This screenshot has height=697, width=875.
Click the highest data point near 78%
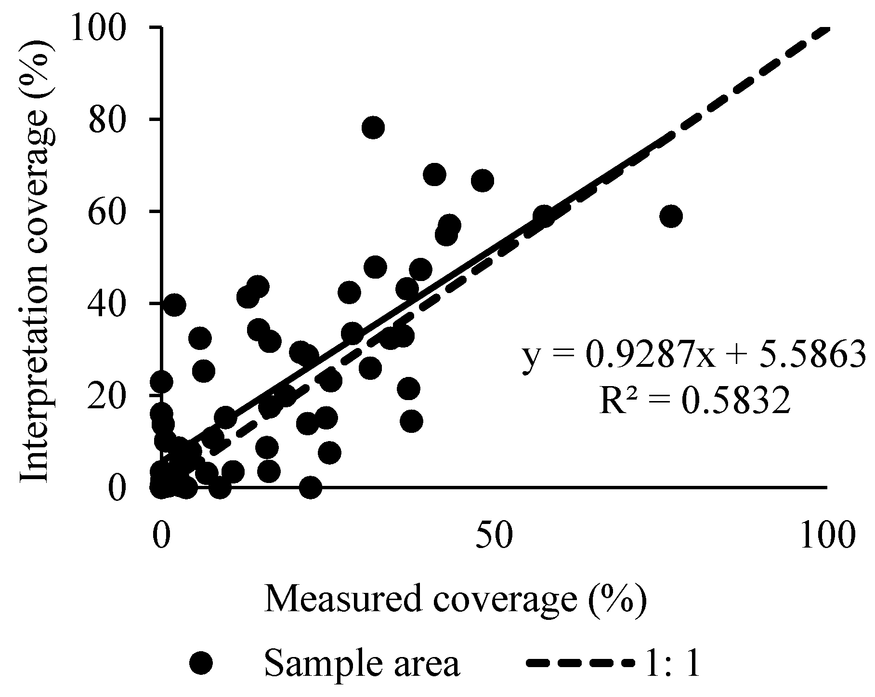373,128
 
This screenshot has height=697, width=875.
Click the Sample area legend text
362,664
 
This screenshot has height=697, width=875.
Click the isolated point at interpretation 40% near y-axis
174,305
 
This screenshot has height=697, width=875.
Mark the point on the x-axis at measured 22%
310,487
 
